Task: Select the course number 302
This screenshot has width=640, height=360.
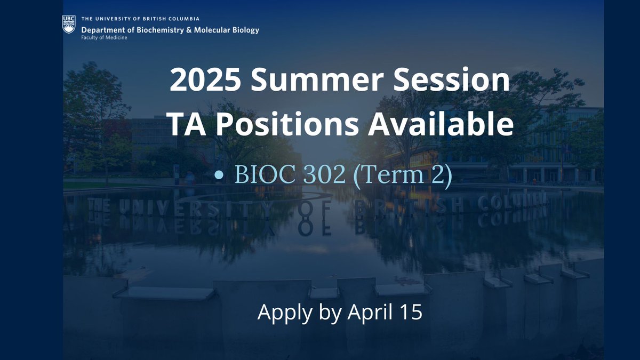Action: coord(322,175)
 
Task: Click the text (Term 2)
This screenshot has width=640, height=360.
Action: coord(402,176)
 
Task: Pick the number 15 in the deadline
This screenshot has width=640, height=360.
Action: coord(411,312)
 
